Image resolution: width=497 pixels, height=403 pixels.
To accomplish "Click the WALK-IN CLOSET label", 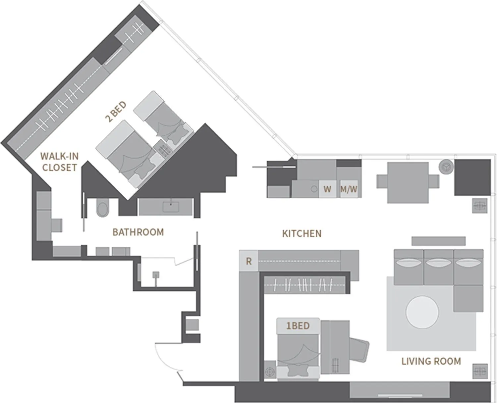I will click(x=59, y=162).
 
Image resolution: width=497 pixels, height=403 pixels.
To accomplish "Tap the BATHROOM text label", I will click(x=138, y=232).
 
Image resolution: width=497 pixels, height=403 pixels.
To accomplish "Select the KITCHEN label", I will click(x=302, y=233).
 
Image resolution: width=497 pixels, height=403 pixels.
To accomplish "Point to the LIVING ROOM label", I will click(x=431, y=361).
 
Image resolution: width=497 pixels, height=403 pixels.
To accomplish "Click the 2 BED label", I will click(x=116, y=112).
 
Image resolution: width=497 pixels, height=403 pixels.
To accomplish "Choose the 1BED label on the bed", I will click(x=298, y=326).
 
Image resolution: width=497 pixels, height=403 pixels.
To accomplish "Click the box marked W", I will click(x=327, y=189).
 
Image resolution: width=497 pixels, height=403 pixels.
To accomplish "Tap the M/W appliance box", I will click(x=349, y=189).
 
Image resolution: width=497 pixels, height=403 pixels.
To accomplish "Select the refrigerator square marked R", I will click(x=248, y=261).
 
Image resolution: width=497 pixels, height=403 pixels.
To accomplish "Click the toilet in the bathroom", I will click(x=103, y=209).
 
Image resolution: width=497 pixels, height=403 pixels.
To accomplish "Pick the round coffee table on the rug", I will click(x=422, y=312).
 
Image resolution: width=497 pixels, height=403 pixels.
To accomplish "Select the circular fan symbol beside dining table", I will click(x=446, y=167).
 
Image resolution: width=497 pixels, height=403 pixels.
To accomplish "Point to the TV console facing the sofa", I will click(x=438, y=241).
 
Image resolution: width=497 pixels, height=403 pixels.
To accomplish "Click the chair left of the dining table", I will click(x=382, y=181).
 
